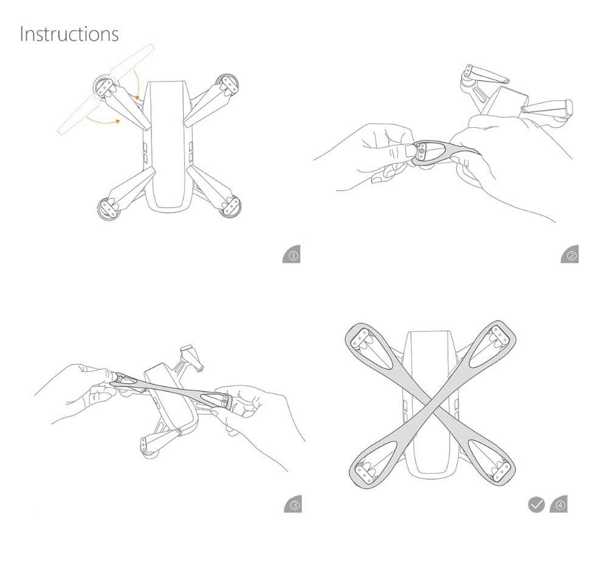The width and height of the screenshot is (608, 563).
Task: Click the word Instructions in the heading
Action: click(69, 34)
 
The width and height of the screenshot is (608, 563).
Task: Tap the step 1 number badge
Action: click(292, 254)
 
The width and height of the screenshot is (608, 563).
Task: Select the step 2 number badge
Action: click(570, 254)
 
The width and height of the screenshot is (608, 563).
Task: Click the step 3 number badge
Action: click(293, 504)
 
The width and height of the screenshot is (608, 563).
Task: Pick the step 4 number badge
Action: click(559, 504)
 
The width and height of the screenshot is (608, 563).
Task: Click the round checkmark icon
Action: click(536, 505)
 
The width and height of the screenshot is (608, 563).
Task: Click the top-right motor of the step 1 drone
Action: click(227, 84)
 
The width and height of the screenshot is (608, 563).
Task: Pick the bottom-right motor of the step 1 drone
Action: click(230, 205)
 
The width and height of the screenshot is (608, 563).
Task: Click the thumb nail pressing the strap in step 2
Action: click(410, 150)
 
